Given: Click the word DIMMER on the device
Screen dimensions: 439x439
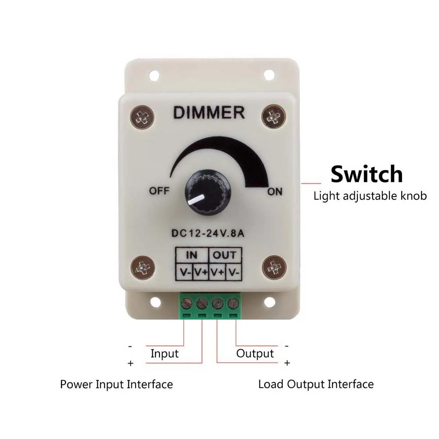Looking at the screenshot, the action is (209, 113).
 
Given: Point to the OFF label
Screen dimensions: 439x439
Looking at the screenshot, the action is (159, 191).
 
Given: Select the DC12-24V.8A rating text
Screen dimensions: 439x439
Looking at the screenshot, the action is (209, 232).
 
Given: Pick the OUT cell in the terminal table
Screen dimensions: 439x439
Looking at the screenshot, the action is (225, 255).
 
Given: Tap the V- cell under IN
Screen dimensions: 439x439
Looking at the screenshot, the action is (184, 272).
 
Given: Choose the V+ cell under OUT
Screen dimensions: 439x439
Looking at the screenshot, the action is (217, 272).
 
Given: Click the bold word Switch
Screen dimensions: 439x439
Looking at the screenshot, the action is (366, 174).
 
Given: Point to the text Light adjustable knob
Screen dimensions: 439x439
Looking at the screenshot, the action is (370, 196).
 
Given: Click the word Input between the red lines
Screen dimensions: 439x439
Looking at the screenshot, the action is (165, 353).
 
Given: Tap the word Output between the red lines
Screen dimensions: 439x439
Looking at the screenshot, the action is (255, 353).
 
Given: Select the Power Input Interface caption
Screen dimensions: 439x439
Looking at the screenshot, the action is (116, 385).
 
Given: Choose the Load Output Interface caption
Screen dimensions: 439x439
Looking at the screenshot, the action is (316, 385).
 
